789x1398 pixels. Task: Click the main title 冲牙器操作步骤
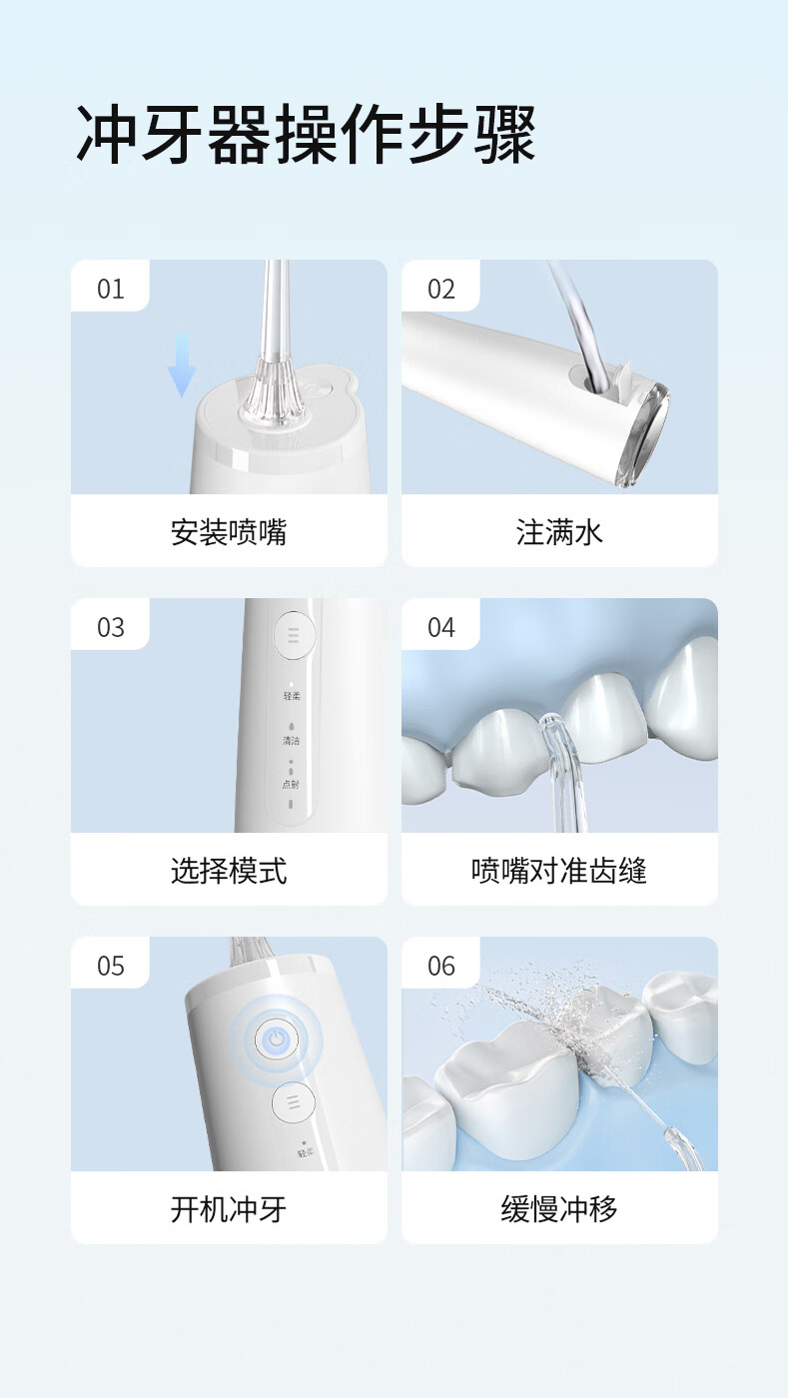306,134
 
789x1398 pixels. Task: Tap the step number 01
111,289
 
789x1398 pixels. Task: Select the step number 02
441,289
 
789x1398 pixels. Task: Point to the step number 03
111,627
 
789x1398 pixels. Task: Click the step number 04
441,627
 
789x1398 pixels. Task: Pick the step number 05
111,967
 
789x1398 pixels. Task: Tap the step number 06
441,967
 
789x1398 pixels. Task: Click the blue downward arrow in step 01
182,365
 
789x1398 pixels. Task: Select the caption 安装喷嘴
229,532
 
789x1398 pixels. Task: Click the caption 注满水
559,532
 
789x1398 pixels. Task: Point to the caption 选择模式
229,871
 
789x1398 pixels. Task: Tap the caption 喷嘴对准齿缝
559,871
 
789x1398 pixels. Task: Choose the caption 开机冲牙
229,1209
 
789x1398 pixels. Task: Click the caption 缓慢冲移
559,1209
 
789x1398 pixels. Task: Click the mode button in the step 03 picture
294,635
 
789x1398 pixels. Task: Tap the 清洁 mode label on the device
291,741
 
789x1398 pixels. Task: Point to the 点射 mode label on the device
291,785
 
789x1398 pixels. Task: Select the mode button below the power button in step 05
294,1102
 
